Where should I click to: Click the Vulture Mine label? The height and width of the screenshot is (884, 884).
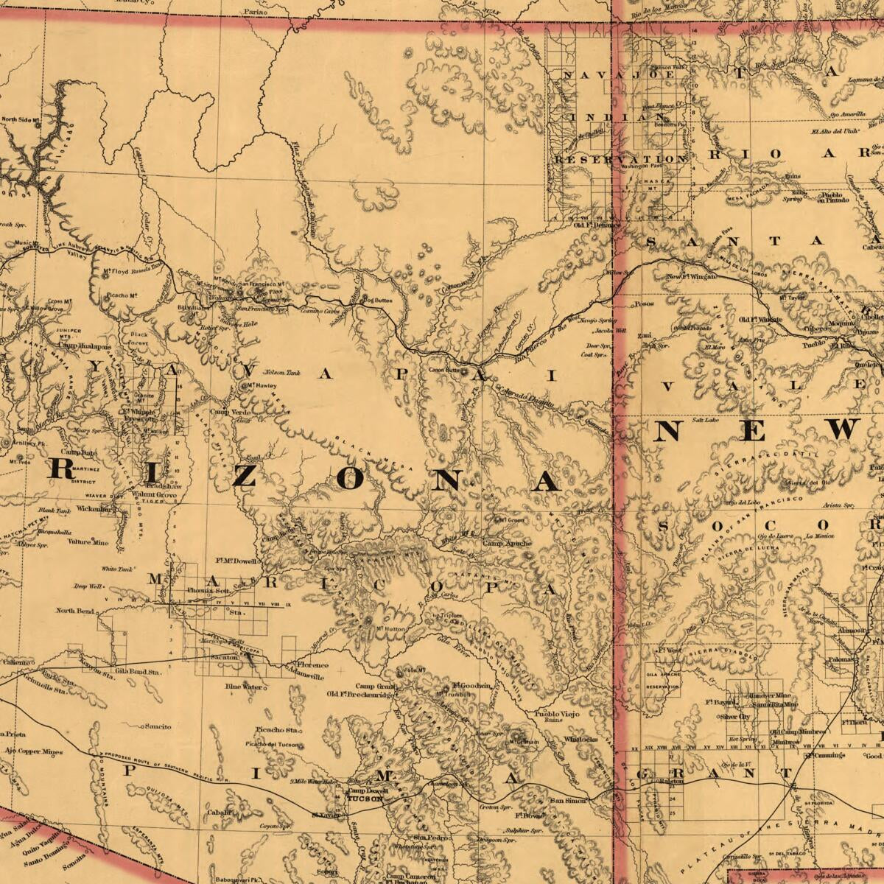[88, 542]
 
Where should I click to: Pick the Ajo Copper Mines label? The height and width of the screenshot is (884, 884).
[33, 751]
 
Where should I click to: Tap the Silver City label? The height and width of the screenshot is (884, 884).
[734, 716]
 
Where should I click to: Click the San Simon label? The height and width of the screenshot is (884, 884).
[569, 801]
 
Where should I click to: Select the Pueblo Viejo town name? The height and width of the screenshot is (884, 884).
[557, 714]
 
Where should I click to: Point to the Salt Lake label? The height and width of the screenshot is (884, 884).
[704, 420]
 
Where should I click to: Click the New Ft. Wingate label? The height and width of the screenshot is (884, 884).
[691, 277]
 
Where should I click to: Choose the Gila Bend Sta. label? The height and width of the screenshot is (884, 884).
[138, 672]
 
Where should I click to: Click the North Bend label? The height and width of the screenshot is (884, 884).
[74, 611]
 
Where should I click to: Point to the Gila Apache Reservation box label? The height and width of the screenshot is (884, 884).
[662, 679]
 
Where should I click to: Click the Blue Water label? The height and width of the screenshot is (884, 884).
[244, 687]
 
